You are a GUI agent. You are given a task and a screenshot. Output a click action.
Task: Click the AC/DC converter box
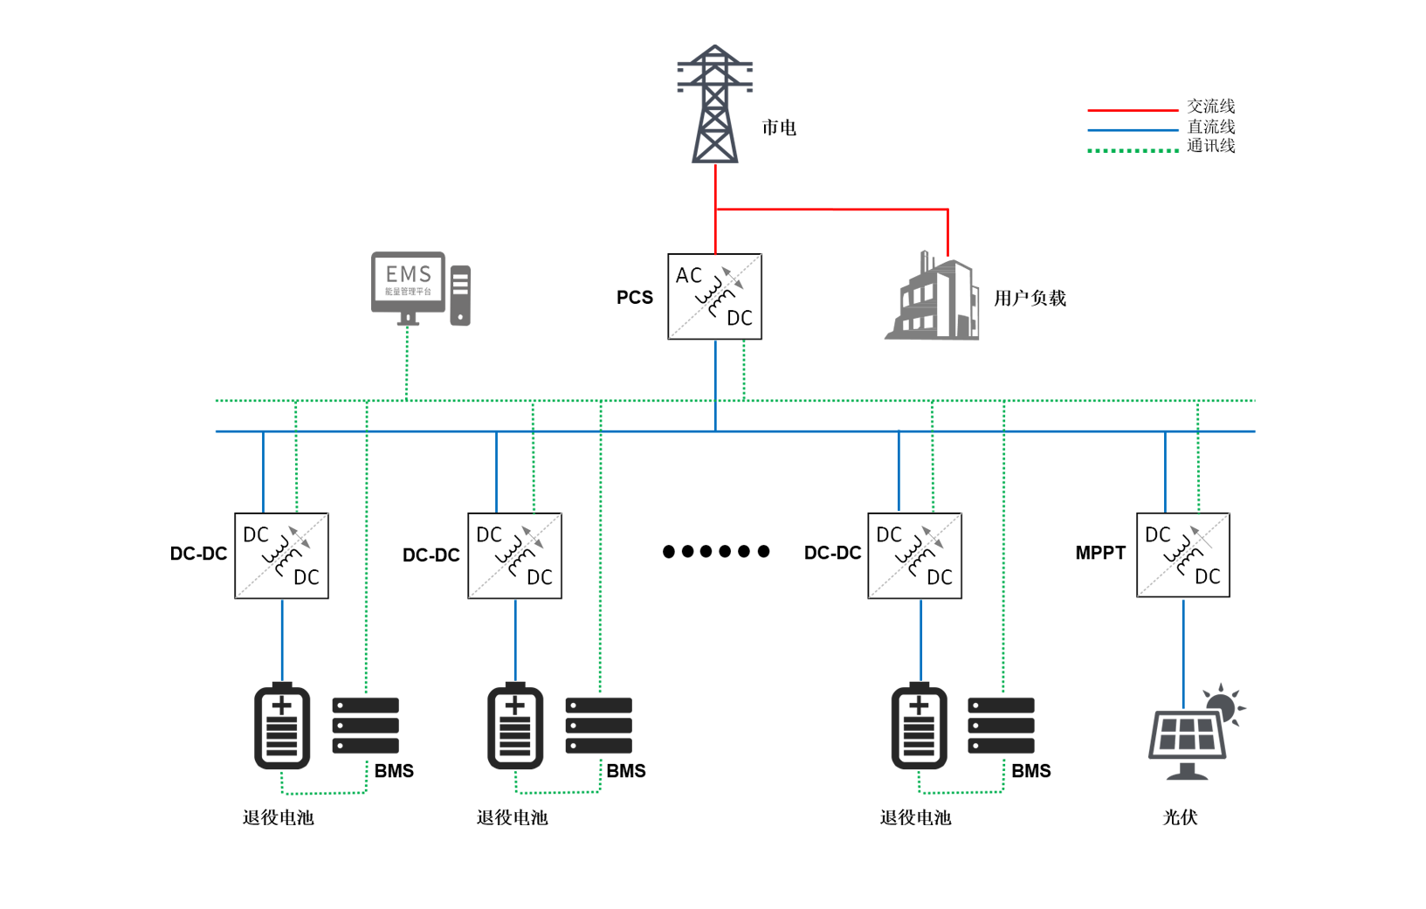click(x=714, y=297)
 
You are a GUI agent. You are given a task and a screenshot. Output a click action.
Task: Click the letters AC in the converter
click(x=688, y=276)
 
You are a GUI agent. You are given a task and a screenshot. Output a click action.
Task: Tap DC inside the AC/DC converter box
click(x=740, y=319)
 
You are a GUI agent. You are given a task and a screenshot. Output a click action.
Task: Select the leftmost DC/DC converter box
click(x=281, y=555)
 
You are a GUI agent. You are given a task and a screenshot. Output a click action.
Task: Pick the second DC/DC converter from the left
click(x=514, y=555)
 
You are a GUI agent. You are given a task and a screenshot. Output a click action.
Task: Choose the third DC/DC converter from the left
click(x=914, y=555)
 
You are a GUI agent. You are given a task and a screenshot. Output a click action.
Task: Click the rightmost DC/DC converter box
click(x=1182, y=554)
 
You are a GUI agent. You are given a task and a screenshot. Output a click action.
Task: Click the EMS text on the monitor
click(x=409, y=274)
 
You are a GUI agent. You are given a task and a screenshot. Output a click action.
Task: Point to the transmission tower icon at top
click(x=716, y=105)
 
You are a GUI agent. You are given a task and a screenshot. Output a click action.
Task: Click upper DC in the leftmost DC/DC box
click(x=256, y=534)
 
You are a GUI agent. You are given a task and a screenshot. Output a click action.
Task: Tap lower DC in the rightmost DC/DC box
click(x=1207, y=576)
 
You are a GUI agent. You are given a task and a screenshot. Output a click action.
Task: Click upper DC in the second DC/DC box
click(x=489, y=534)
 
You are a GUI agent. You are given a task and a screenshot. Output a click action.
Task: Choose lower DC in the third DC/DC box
click(x=939, y=577)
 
